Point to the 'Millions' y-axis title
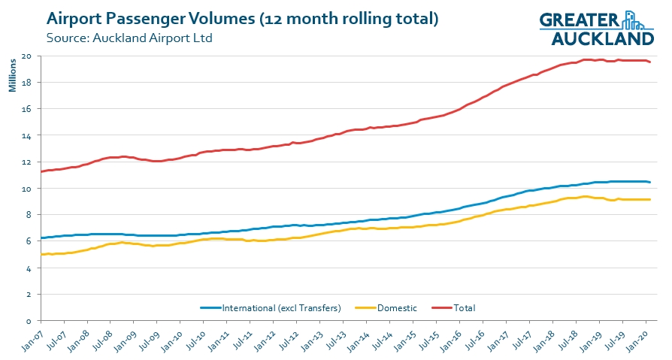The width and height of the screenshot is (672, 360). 12,76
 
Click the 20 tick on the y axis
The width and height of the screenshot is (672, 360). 26,56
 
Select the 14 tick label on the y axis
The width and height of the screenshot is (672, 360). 26,135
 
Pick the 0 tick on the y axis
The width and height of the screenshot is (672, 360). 29,320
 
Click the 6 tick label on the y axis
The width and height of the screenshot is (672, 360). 29,241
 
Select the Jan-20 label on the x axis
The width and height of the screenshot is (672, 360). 641,337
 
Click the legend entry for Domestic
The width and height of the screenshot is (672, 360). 395,307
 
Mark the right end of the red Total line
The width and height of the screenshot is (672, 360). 650,62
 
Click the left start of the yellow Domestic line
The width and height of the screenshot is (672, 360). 41,254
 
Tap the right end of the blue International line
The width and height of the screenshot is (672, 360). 650,183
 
